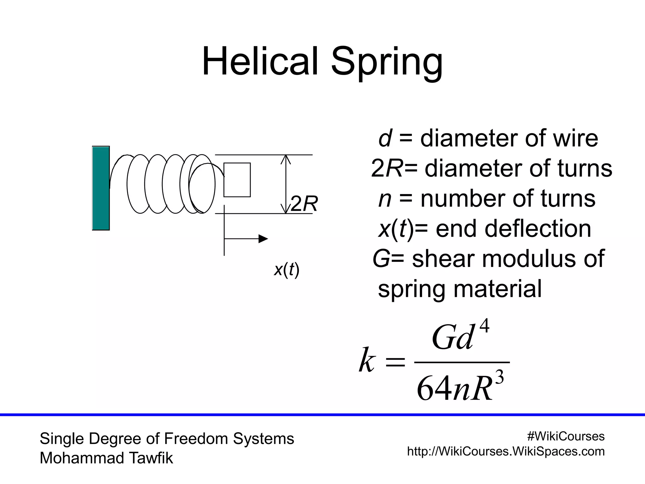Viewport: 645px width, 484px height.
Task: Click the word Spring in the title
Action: (387, 63)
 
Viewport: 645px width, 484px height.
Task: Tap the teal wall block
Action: (101, 188)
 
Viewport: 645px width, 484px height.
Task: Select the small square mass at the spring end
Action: (237, 180)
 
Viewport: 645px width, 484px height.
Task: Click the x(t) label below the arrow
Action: (286, 270)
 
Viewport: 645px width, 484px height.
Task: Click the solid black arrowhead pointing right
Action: (263, 239)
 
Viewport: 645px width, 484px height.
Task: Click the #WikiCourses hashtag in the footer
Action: (566, 436)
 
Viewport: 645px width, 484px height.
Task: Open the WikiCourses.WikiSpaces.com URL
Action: (506, 451)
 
